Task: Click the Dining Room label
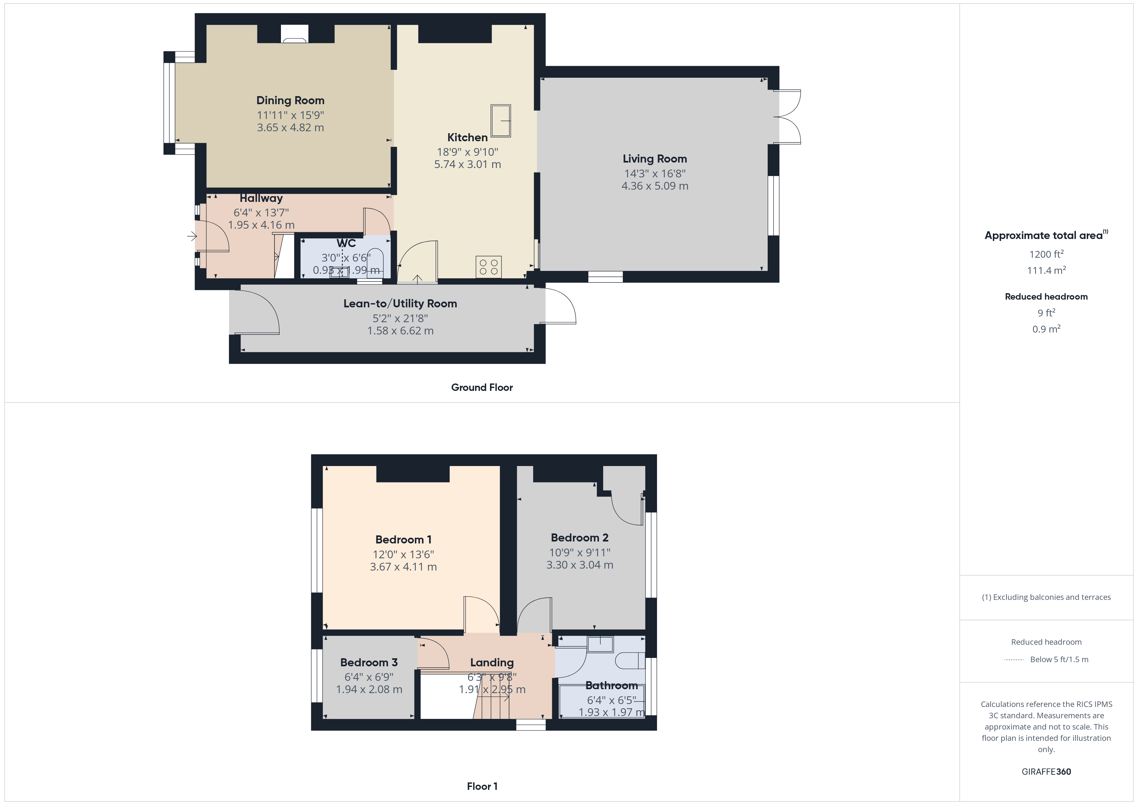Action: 290,101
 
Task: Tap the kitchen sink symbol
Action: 501,120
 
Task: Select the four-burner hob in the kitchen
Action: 488,267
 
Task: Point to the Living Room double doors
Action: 788,117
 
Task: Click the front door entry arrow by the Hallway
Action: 192,236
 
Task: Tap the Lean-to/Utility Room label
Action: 400,303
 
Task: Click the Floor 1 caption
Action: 482,786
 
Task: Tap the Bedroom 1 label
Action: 403,539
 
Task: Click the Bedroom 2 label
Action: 579,537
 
